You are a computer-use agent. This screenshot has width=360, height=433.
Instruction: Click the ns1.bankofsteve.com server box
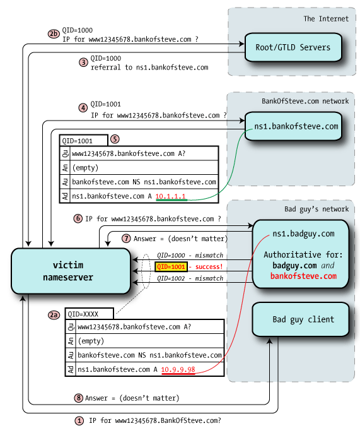pos(293,126)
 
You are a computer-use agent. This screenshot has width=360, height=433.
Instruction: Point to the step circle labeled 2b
pos(53,32)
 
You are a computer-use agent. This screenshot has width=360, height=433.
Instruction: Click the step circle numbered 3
pos(83,62)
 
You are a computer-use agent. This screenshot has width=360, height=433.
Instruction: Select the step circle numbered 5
pos(114,138)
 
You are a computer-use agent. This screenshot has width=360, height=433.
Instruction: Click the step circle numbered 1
pos(79,420)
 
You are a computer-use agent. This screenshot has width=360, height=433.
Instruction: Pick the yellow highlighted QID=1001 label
pos(170,267)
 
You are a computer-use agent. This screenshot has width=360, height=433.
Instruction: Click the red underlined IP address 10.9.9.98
pos(178,369)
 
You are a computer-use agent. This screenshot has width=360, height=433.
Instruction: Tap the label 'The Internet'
pos(325,18)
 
